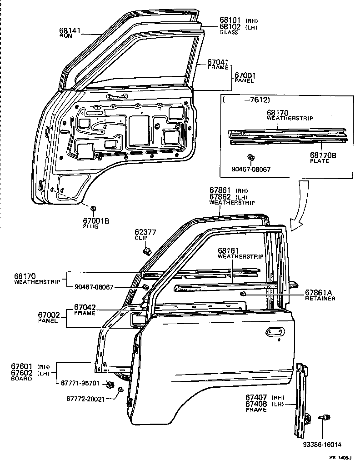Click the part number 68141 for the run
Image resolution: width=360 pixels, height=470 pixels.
click(69, 30)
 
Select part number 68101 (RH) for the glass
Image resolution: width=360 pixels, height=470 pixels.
click(230, 20)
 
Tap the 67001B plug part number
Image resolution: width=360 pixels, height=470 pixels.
click(96, 221)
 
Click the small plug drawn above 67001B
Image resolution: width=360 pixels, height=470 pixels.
click(93, 209)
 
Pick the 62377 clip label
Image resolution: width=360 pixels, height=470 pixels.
click(145, 232)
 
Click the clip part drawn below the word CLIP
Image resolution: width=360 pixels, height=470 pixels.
click(147, 250)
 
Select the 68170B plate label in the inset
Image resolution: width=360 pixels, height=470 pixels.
click(323, 155)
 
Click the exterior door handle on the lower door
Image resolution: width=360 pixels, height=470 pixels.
click(275, 332)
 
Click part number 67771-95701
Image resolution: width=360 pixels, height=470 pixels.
click(80, 383)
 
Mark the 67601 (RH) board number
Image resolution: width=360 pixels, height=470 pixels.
click(21, 366)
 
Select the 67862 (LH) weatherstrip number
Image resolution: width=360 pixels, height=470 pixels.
click(220, 196)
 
